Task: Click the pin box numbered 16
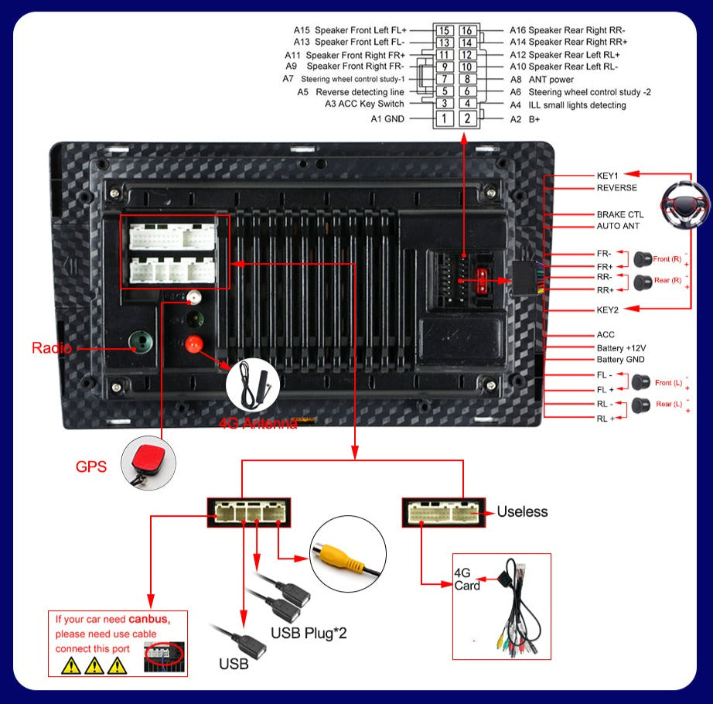[467, 31]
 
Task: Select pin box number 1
[444, 118]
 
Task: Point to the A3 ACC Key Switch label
[364, 104]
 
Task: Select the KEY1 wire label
[607, 176]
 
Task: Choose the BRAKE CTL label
[619, 214]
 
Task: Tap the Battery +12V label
[620, 347]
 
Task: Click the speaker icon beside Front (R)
[640, 259]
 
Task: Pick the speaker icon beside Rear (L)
[640, 404]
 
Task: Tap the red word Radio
[51, 348]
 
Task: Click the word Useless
[522, 512]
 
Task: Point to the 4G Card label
[466, 579]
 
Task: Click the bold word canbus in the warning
[147, 619]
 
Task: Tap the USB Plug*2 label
[309, 633]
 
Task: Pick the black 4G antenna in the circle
[254, 384]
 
